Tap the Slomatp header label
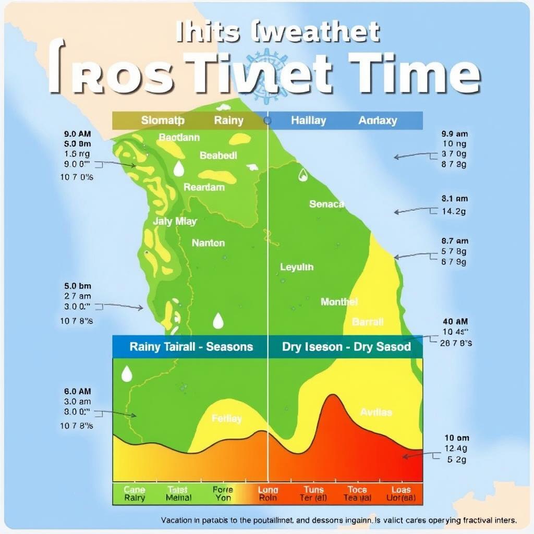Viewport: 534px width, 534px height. pyautogui.click(x=163, y=120)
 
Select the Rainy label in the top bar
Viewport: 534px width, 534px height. pyautogui.click(x=228, y=120)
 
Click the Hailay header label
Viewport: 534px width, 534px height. pyautogui.click(x=308, y=120)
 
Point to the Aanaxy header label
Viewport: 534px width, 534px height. pyautogui.click(x=378, y=120)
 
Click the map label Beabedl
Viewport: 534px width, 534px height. pyautogui.click(x=218, y=155)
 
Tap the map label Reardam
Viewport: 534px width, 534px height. pyautogui.click(x=204, y=187)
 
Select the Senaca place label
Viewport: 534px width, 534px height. pyautogui.click(x=326, y=204)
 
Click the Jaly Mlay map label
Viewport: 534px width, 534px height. pyautogui.click(x=175, y=221)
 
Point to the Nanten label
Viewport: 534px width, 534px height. pyautogui.click(x=208, y=243)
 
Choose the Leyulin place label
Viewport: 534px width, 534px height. pyautogui.click(x=297, y=267)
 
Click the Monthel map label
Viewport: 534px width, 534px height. pyautogui.click(x=339, y=301)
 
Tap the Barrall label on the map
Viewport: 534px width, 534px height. pyautogui.click(x=368, y=321)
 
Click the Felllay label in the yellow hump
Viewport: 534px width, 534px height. pyautogui.click(x=227, y=418)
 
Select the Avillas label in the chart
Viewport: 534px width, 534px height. pyautogui.click(x=375, y=412)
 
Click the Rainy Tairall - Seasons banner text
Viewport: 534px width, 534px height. pyautogui.click(x=191, y=347)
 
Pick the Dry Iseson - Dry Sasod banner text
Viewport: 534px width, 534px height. pyautogui.click(x=346, y=347)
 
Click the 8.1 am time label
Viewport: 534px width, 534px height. pyautogui.click(x=454, y=199)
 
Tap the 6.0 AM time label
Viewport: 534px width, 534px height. pyautogui.click(x=77, y=391)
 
